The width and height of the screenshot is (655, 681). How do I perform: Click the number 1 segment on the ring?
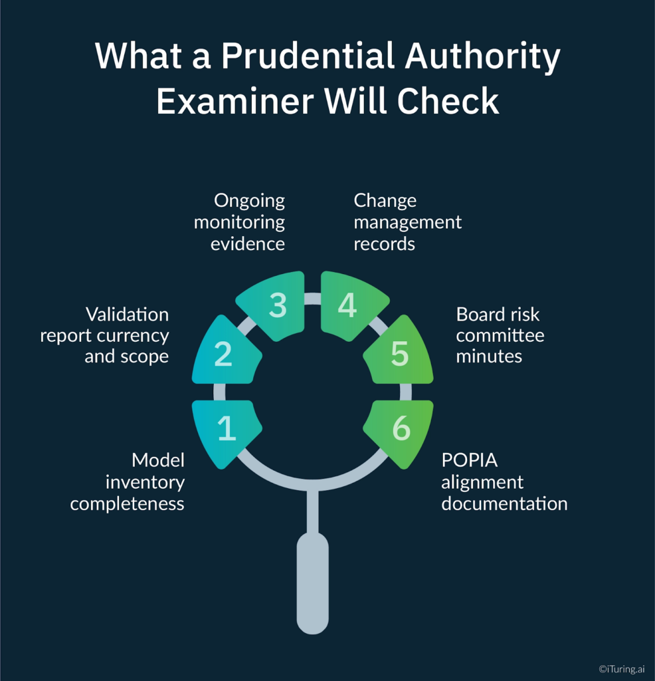(226, 430)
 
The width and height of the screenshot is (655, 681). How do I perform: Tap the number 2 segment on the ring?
(223, 353)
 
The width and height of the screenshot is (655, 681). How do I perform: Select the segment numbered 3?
(276, 305)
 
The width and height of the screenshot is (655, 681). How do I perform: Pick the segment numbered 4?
(349, 305)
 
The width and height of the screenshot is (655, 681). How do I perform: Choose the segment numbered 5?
(399, 353)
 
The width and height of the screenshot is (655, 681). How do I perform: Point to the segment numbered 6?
(400, 430)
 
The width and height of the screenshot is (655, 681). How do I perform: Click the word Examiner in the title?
(236, 102)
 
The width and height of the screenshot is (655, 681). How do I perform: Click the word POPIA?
(471, 460)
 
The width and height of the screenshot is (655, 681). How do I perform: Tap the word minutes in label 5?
(489, 356)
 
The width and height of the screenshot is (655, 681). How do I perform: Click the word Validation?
(127, 314)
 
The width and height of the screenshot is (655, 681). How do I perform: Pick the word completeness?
(127, 504)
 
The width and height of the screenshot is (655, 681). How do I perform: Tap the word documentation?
(504, 504)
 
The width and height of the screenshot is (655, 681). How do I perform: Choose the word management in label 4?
(407, 223)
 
